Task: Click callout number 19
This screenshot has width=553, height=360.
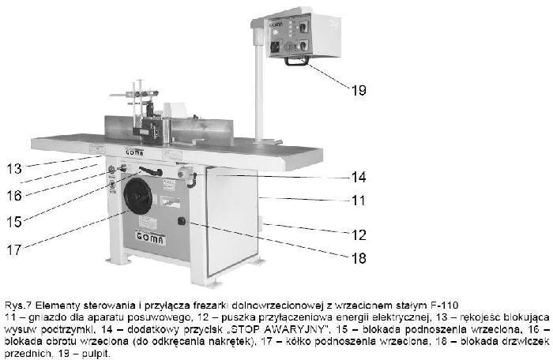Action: pos(359,90)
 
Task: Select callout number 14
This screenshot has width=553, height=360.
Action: pos(359,177)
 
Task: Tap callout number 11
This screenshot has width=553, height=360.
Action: pos(359,201)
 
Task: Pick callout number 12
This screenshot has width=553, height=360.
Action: pos(359,234)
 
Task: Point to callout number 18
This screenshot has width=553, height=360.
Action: pos(359,258)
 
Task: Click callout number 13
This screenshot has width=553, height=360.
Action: pos(14,168)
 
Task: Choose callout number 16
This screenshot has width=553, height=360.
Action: pos(14,196)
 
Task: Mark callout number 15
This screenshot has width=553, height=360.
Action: pos(14,222)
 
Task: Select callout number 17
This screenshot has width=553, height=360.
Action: pos(14,250)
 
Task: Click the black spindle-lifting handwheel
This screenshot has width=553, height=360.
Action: pos(138,197)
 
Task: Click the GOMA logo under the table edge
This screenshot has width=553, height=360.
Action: pos(135,152)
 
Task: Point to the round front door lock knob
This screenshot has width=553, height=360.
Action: pos(182,221)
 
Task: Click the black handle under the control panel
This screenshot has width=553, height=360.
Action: pos(296,62)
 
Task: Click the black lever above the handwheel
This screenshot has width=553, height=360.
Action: pos(151,171)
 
